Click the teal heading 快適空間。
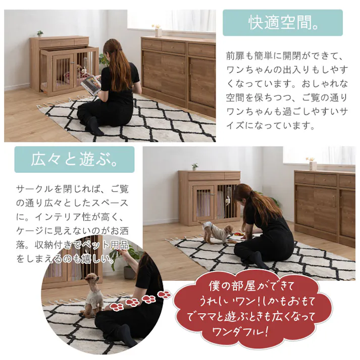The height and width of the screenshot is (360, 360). [283, 23]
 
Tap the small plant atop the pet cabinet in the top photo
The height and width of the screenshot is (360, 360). [40, 34]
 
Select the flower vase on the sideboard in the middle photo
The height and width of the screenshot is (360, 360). [312, 163]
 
